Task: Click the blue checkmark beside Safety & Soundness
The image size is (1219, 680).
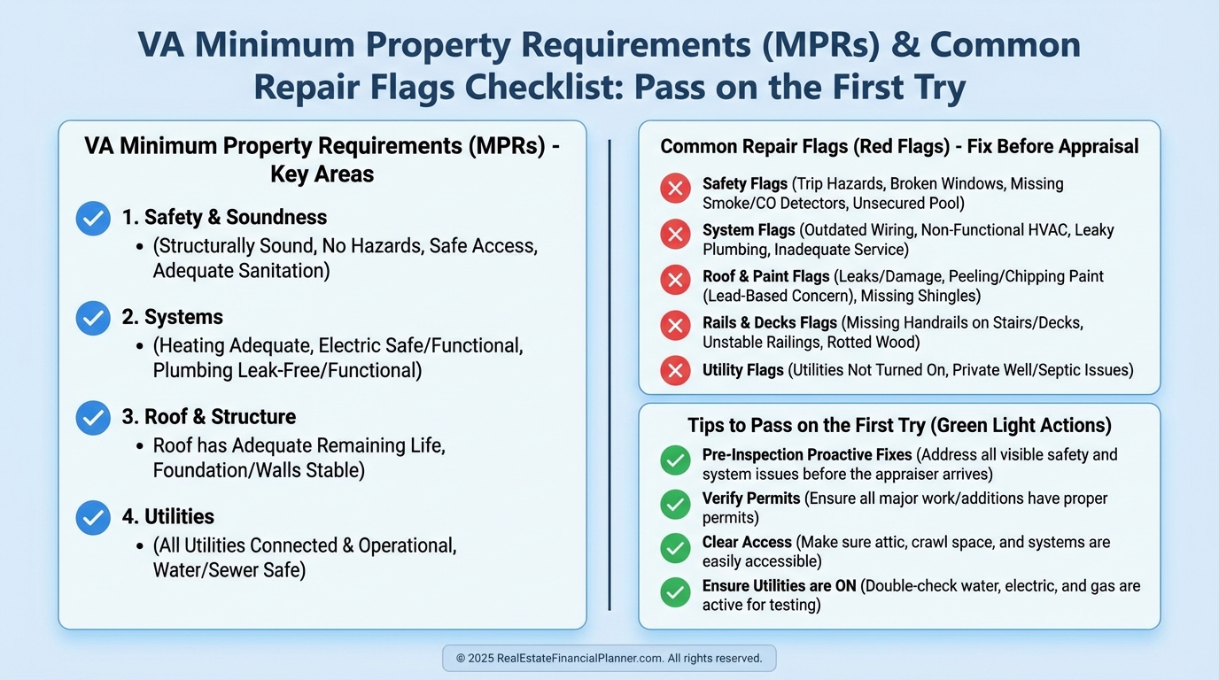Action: [93, 218]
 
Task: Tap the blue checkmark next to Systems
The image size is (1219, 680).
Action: [93, 318]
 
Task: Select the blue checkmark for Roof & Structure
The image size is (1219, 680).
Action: [93, 418]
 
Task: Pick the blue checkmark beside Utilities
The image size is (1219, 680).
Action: [93, 517]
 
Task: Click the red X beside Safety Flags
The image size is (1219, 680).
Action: [675, 189]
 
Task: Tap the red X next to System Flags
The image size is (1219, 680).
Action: [675, 235]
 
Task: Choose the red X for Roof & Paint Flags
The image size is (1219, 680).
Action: [675, 280]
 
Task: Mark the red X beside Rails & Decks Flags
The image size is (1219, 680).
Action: [675, 326]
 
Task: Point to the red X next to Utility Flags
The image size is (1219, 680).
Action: [675, 370]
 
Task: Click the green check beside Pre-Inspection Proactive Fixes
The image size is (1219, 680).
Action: [675, 460]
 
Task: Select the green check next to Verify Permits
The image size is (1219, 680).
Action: [675, 505]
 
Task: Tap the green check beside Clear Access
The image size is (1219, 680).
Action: [675, 548]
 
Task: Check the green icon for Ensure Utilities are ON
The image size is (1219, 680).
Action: [675, 591]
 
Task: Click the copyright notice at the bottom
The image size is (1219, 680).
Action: [609, 658]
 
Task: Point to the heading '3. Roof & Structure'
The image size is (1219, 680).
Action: [209, 417]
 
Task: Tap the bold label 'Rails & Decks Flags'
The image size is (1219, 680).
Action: [770, 322]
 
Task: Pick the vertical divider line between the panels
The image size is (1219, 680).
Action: [609, 375]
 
